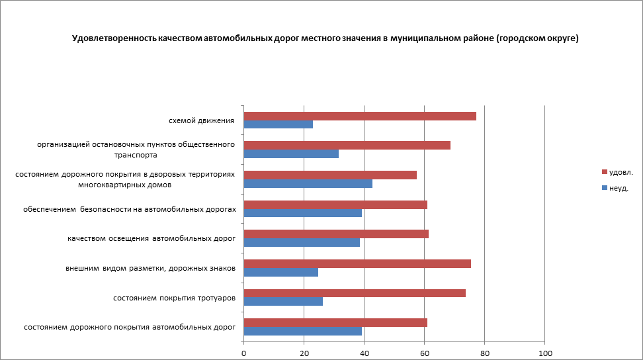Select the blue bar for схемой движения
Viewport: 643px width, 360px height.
(279, 124)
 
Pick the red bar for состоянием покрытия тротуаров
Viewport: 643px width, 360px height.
(355, 293)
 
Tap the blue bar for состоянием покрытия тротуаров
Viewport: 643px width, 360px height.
(283, 302)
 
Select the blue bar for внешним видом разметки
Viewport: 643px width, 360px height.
(281, 272)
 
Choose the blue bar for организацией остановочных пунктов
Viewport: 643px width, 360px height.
(291, 154)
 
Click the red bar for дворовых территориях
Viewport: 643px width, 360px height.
(330, 175)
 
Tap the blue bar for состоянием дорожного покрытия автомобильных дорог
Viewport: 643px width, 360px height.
(303, 331)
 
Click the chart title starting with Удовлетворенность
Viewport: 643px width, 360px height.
(325, 38)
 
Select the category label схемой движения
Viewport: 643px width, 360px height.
(202, 120)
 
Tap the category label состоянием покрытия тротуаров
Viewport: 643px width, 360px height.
(175, 298)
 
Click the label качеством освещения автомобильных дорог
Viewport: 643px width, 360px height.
(151, 238)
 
